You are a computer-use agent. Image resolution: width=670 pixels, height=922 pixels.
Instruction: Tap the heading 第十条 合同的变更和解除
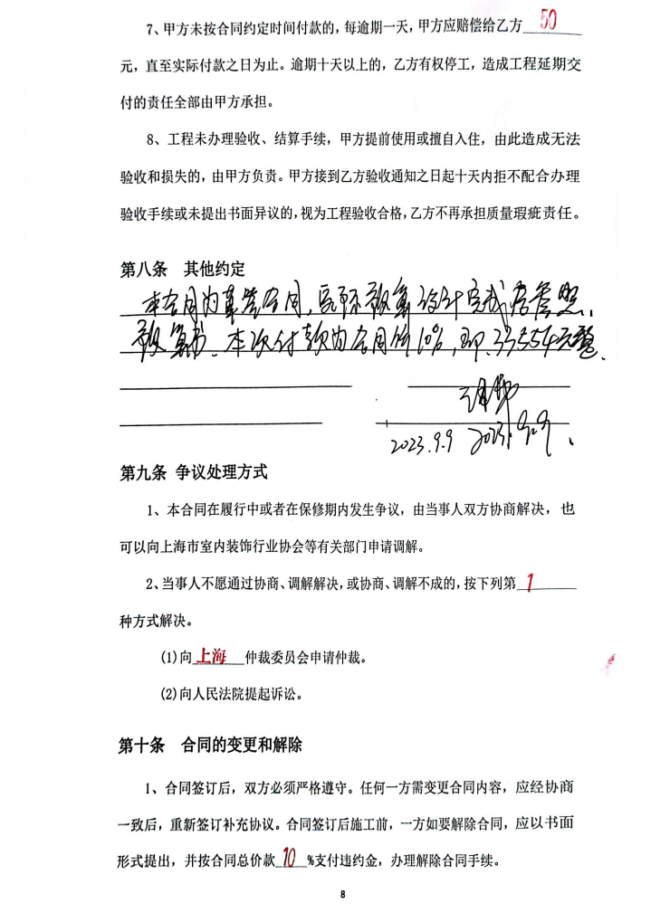coord(210,746)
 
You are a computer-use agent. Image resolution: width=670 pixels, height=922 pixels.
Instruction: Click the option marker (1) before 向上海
coord(169,658)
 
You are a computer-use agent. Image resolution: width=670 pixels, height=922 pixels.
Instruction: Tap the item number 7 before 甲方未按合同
coord(152,29)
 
